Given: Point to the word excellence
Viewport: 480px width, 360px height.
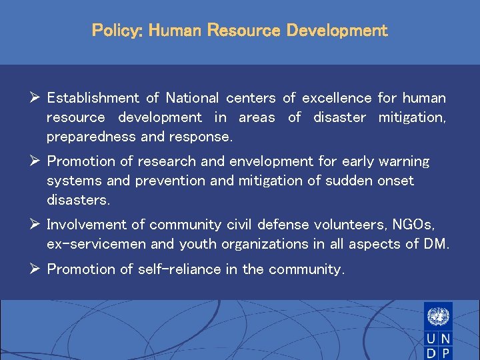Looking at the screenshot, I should tap(337, 99).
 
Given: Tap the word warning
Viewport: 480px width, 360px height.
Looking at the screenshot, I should tap(404, 161).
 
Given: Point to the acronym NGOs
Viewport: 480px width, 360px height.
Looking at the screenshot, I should tap(414, 225).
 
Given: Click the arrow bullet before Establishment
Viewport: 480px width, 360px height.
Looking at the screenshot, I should tap(36, 98).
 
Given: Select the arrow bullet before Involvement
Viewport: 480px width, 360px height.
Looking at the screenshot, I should tap(36, 225).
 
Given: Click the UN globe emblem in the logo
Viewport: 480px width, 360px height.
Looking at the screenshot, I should tap(438, 315).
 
